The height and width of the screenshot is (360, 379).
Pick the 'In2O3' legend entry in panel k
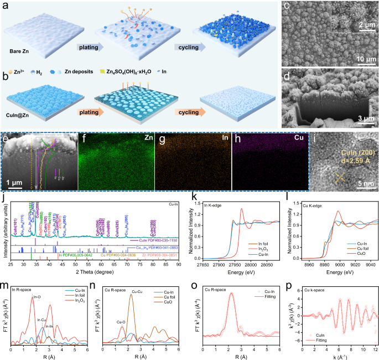[x=264, y=248]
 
